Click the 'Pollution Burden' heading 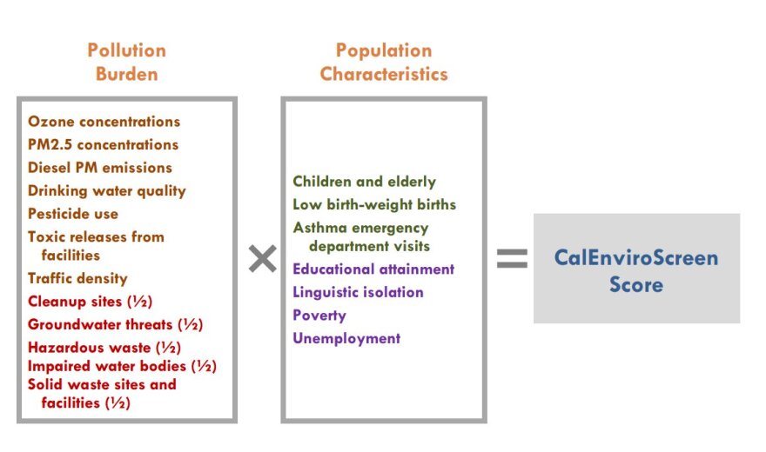pyautogui.click(x=127, y=62)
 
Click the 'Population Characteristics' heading pyautogui.click(x=384, y=62)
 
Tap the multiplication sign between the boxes pyautogui.click(x=262, y=258)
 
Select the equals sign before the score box pyautogui.click(x=512, y=258)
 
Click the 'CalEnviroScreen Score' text pyautogui.click(x=636, y=270)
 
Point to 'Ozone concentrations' pyautogui.click(x=104, y=122)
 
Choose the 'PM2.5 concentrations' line pyautogui.click(x=103, y=144)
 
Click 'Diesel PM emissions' pyautogui.click(x=100, y=167)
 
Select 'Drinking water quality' pyautogui.click(x=107, y=190)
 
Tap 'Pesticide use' pyautogui.click(x=73, y=214)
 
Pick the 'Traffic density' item pyautogui.click(x=77, y=278)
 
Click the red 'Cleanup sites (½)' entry pyautogui.click(x=90, y=302)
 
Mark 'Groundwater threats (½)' pyautogui.click(x=115, y=324)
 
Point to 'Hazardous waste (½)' pyautogui.click(x=104, y=347)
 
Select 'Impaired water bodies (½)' pyautogui.click(x=122, y=366)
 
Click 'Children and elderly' pyautogui.click(x=365, y=182)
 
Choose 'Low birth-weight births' pyautogui.click(x=374, y=204)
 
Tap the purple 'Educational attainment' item pyautogui.click(x=373, y=269)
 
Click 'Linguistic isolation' pyautogui.click(x=358, y=292)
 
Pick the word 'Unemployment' pyautogui.click(x=346, y=338)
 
